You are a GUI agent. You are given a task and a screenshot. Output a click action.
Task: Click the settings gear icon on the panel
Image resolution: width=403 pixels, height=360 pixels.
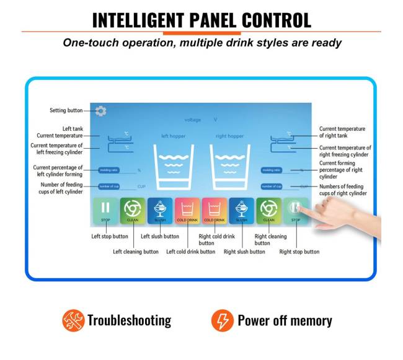(101, 111)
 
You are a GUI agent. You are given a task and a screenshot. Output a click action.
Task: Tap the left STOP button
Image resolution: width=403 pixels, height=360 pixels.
(105, 211)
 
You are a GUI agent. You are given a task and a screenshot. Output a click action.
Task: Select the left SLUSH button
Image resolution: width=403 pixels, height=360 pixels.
(159, 211)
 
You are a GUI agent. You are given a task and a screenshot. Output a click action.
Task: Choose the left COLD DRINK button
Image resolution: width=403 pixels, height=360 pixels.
(187, 211)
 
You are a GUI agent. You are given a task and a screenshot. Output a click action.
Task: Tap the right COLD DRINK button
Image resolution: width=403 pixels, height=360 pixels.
(214, 211)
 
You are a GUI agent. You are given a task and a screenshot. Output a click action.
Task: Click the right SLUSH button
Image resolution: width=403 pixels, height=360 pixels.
(241, 211)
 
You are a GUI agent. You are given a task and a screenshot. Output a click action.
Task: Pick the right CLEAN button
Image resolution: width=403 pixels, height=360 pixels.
(268, 211)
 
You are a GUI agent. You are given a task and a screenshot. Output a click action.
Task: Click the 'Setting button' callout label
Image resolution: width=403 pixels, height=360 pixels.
(66, 111)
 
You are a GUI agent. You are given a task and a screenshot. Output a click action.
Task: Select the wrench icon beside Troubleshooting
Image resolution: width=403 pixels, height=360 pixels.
(73, 320)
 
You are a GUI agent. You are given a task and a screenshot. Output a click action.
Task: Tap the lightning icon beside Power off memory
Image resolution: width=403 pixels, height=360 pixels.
(222, 320)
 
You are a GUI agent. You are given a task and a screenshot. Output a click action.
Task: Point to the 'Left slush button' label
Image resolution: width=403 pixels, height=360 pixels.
(160, 236)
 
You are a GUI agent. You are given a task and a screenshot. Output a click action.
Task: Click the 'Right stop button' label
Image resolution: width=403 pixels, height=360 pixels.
(299, 252)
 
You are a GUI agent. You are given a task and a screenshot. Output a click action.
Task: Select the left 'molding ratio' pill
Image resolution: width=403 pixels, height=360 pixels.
(109, 170)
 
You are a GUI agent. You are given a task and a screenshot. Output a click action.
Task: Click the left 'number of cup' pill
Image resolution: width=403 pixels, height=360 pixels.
(109, 186)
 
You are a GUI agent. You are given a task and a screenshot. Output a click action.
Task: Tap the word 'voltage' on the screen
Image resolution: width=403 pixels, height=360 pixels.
(193, 120)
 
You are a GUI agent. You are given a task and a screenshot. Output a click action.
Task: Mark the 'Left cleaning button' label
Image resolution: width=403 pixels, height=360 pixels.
(136, 252)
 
